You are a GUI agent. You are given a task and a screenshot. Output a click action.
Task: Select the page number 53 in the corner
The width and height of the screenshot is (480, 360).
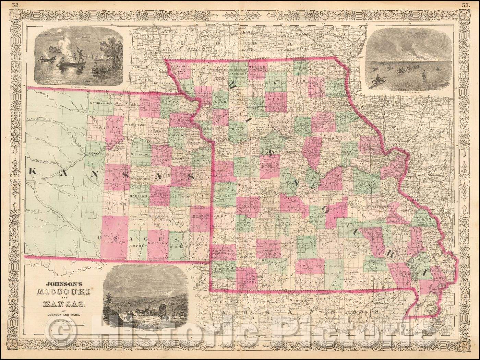pos(465,4)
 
